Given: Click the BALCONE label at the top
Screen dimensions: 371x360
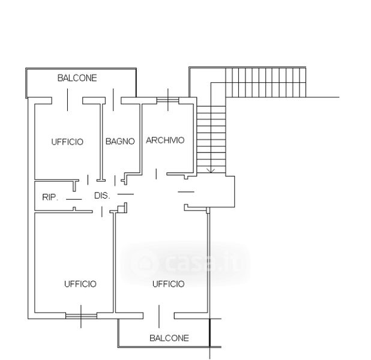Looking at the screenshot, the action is click(77, 78).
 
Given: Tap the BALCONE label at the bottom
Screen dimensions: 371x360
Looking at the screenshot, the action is click(169, 338).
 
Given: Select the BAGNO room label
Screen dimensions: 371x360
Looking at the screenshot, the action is click(119, 142).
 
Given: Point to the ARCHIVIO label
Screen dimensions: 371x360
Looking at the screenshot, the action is click(165, 140).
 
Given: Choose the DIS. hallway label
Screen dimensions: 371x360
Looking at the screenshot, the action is click(101, 195).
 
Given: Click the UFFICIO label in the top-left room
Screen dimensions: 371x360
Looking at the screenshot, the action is click(67, 142).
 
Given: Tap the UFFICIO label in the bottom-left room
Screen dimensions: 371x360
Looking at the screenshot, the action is click(80, 284).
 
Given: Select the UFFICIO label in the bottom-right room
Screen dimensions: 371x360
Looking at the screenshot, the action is click(168, 284).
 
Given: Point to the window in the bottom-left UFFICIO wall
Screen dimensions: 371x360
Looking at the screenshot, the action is click(80, 315).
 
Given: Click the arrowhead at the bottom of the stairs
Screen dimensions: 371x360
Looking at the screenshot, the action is click(211, 172).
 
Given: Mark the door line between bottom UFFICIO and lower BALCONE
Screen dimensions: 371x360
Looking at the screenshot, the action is click(159, 316).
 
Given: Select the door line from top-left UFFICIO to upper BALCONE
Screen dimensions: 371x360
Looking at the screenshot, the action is click(67, 100).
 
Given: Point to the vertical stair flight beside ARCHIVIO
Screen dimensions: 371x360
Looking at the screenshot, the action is click(212, 139).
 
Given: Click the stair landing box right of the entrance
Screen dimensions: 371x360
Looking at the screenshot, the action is click(220, 191).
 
